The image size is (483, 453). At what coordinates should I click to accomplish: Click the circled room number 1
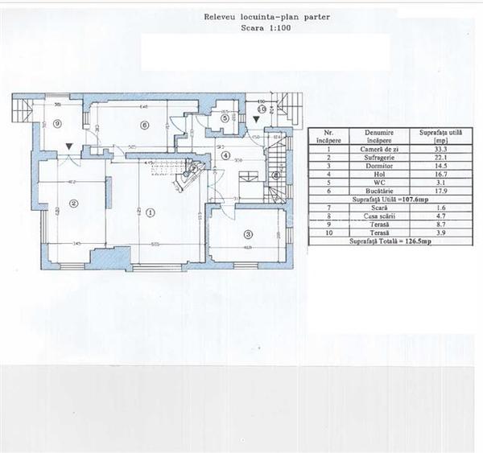click(x=150, y=212)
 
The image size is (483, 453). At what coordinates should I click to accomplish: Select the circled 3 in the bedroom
click(x=248, y=234)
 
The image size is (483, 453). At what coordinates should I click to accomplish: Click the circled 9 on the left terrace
click(x=58, y=122)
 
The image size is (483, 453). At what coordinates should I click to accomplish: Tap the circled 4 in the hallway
click(x=226, y=155)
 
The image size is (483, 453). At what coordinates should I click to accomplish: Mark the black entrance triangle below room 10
click(x=256, y=119)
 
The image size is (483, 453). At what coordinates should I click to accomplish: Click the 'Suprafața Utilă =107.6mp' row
click(x=384, y=199)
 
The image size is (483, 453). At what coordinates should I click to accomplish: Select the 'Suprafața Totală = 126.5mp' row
click(x=384, y=240)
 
